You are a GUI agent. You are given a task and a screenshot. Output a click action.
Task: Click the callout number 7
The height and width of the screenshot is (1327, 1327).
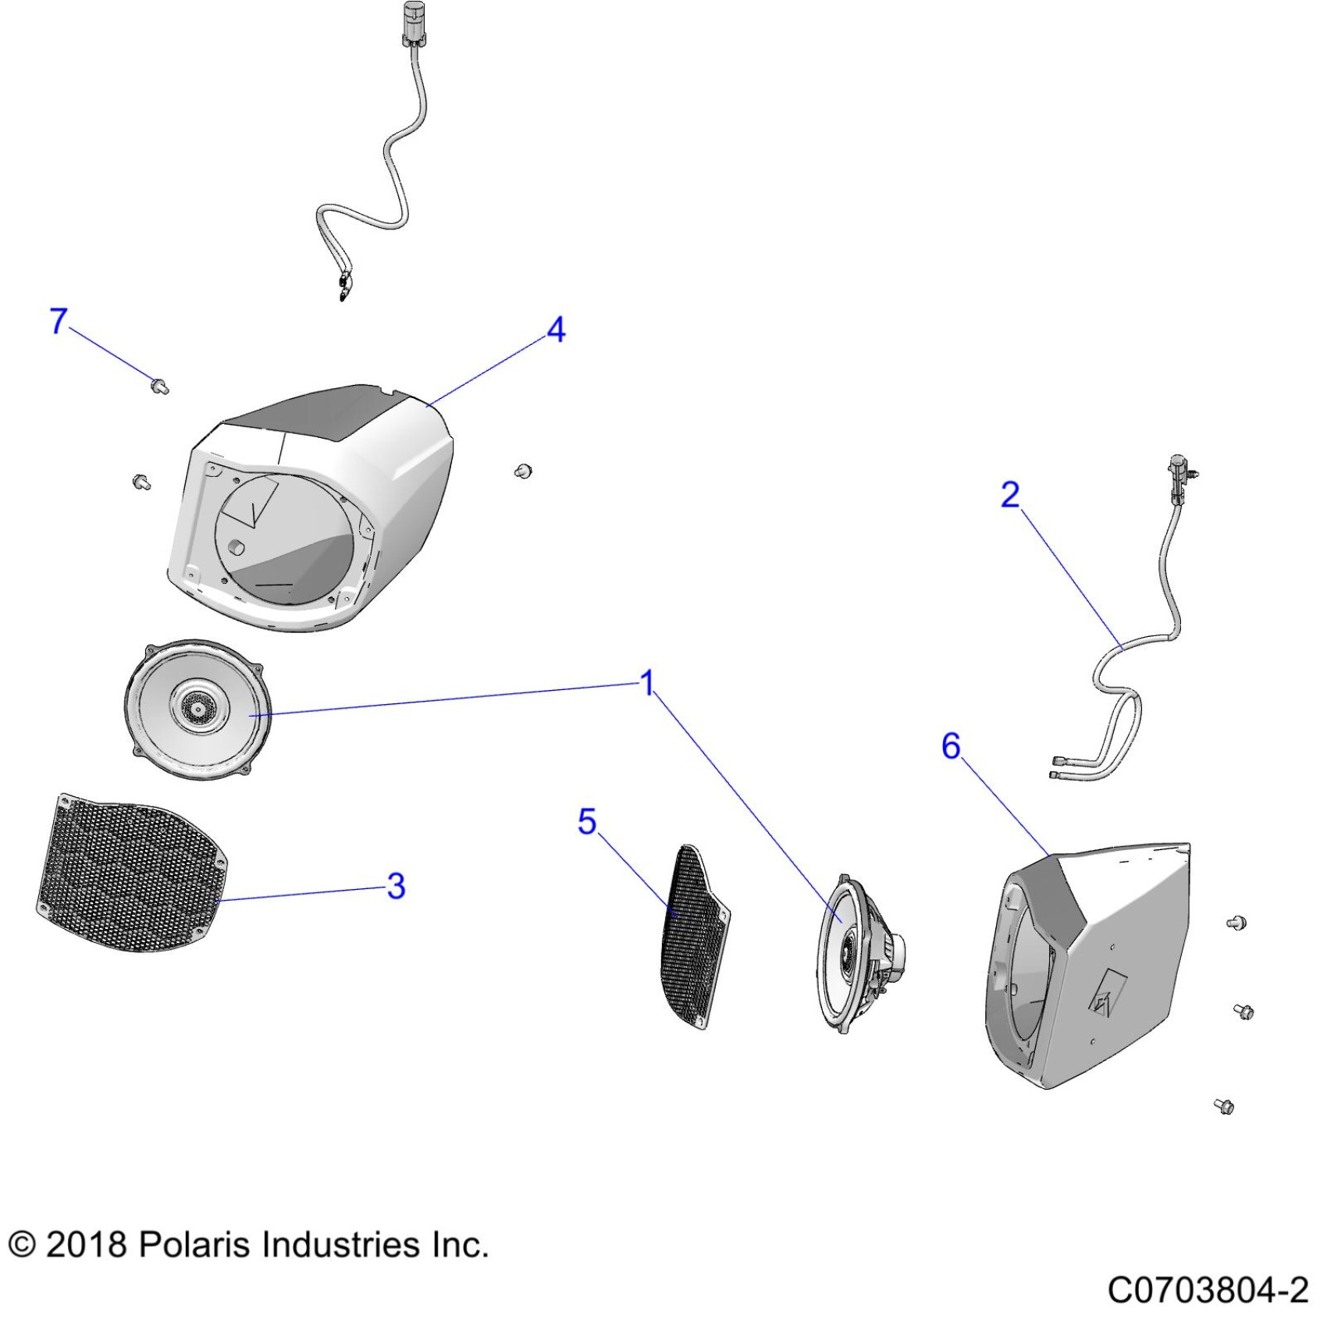(x=59, y=321)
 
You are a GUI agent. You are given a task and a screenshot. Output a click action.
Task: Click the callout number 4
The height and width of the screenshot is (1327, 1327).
(x=556, y=329)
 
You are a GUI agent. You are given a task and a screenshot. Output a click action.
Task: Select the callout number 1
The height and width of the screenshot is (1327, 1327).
(x=647, y=683)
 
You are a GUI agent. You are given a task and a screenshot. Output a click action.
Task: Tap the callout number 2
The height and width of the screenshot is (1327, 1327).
(x=1010, y=495)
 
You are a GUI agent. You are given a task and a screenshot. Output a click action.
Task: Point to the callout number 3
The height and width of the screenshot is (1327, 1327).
(x=397, y=886)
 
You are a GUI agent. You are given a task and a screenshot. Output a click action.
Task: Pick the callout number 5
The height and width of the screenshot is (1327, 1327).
(x=587, y=821)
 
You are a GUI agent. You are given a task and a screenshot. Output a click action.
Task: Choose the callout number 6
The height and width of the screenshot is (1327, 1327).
(x=951, y=746)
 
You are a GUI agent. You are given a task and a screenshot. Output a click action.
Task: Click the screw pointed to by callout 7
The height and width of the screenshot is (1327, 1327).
(x=160, y=385)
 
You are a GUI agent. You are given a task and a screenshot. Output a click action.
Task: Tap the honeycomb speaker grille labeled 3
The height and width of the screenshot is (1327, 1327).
(x=132, y=873)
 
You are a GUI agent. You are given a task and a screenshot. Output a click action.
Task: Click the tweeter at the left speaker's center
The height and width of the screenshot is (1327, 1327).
(x=195, y=708)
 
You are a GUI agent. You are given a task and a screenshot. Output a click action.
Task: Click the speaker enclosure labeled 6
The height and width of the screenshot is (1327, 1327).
(x=1088, y=966)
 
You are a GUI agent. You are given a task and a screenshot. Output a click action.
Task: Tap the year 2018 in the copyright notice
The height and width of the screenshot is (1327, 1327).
(x=86, y=1244)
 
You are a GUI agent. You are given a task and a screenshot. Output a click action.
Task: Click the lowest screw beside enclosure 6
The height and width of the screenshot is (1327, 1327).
(x=1224, y=1105)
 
